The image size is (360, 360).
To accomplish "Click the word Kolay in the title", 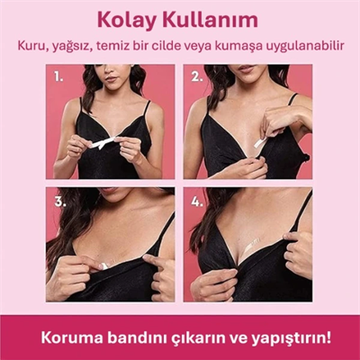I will coord(131,19).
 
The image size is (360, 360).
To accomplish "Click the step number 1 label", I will coord(59,76).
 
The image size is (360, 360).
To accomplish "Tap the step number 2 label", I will coord(197,76).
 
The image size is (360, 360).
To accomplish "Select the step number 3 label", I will coord(60,201).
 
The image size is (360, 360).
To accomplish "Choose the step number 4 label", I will coord(197,201).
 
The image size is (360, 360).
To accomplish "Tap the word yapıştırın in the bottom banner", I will coord(285,338).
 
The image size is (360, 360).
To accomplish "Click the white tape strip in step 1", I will coord(105,143).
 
